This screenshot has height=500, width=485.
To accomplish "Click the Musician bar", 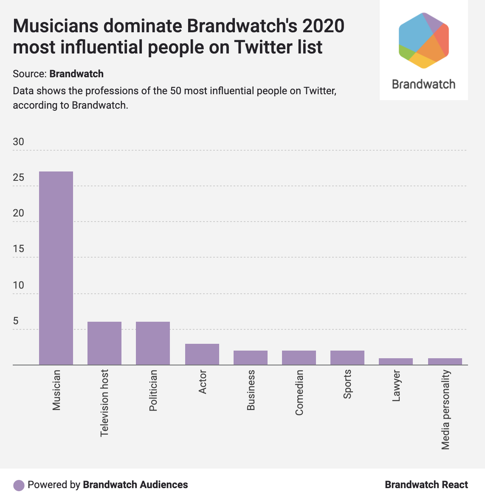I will point(56,268).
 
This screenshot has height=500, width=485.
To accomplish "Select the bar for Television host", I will point(105,343).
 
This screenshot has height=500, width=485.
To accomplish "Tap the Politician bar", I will point(153,343).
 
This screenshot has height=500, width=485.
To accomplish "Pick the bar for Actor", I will point(202,354).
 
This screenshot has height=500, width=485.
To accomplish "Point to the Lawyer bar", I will point(396,362).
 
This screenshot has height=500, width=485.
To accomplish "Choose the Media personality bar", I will point(445,362).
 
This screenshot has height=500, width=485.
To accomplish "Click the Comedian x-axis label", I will point(299,393).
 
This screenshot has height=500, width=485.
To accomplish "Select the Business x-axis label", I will point(251,391).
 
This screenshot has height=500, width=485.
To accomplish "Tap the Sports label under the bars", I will point(348,384).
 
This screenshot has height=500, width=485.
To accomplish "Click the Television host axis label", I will point(105,403).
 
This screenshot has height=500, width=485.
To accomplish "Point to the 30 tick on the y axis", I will point(18,142).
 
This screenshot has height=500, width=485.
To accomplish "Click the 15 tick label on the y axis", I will point(18,249).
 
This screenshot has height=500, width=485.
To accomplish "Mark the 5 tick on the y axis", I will point(16,321).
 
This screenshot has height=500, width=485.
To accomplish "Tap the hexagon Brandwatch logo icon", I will point(423,40).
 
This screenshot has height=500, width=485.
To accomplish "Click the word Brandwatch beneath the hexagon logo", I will point(423,84).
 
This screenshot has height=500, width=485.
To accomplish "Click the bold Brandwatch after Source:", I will point(76,74).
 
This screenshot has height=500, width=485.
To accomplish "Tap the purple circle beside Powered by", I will point(19,485).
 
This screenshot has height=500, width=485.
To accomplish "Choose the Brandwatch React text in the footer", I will point(426,485).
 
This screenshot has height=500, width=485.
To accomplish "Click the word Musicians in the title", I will point(54,26).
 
